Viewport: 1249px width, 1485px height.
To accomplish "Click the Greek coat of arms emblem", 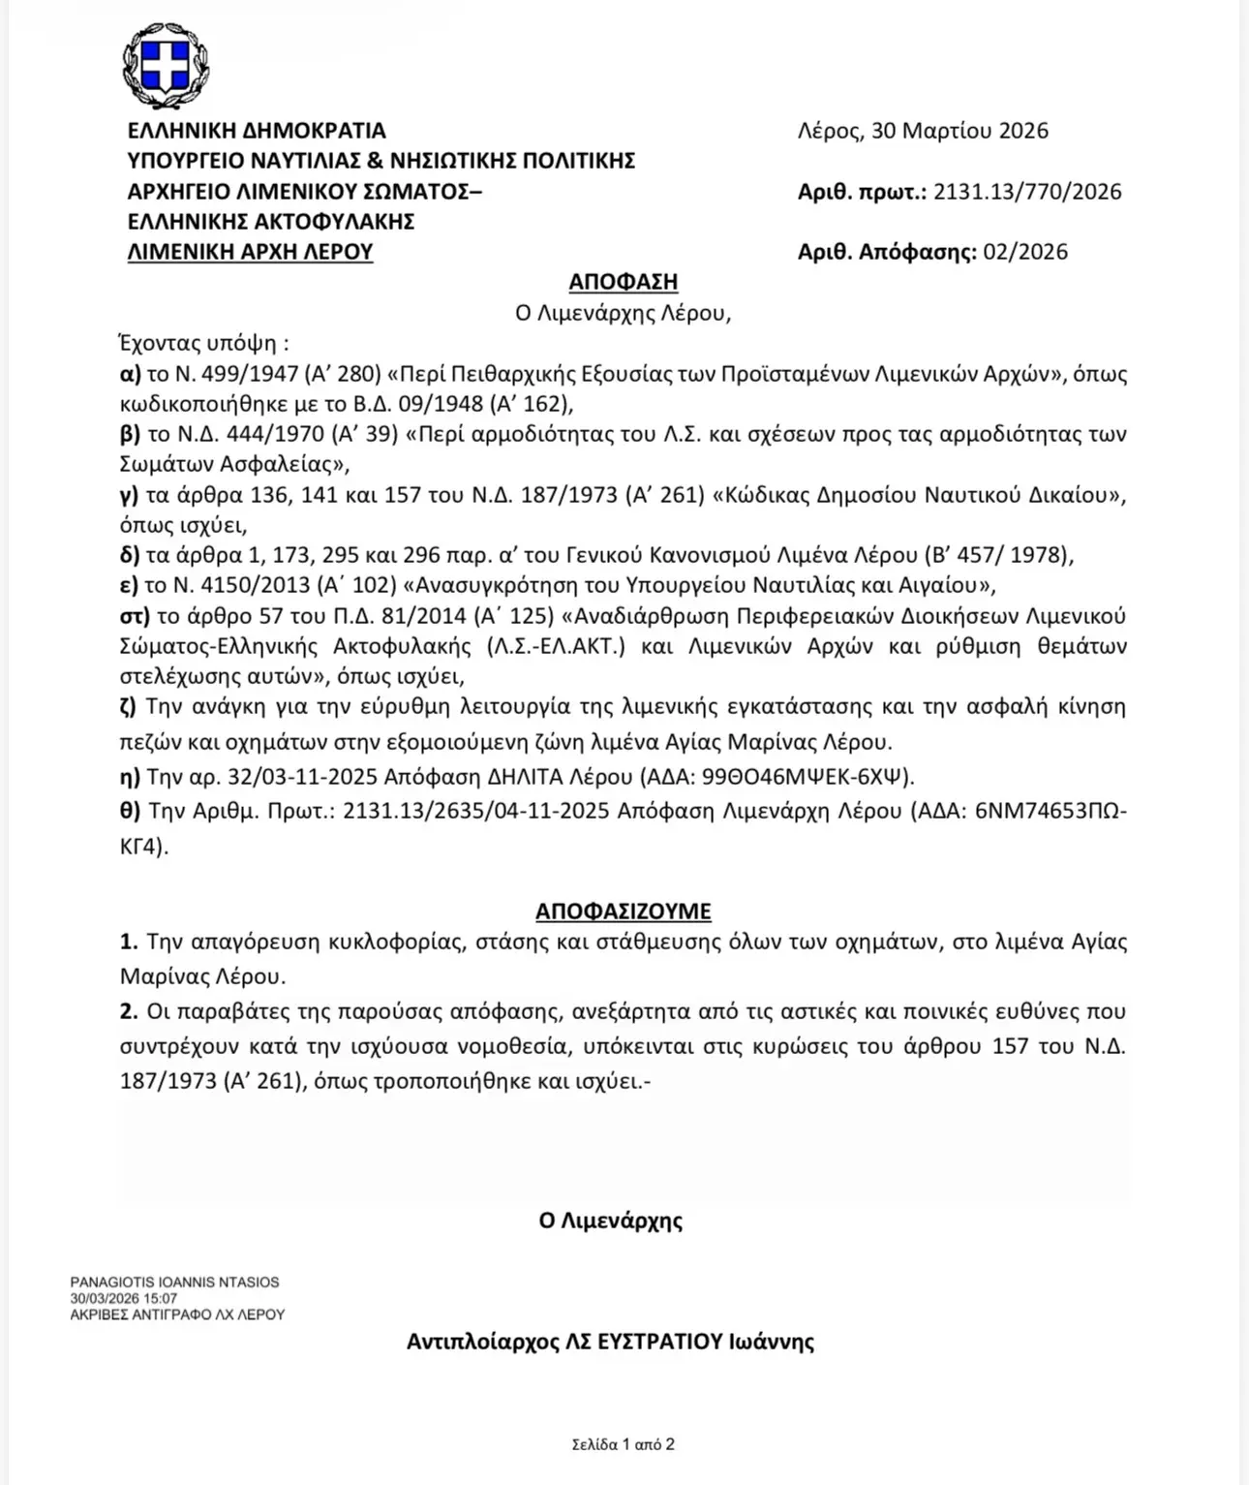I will click(x=165, y=66).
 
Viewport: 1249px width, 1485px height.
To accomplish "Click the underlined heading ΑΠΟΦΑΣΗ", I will click(x=623, y=282).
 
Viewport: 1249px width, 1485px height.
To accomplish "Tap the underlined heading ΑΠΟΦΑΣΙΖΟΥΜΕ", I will click(x=623, y=912).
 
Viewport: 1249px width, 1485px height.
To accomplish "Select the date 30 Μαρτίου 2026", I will click(x=960, y=131).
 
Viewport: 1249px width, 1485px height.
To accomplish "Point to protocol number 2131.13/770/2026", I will click(x=1027, y=192).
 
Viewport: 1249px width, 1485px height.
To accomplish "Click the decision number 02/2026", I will click(x=1025, y=252).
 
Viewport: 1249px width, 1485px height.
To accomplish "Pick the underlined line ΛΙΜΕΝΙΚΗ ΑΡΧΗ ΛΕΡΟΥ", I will click(x=250, y=252).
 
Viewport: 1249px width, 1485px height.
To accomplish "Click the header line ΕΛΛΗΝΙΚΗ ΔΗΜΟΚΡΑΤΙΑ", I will click(x=257, y=131).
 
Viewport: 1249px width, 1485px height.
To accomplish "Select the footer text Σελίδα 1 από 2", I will click(x=623, y=1444).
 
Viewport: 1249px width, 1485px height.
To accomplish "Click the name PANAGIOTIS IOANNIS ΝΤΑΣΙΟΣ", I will click(x=174, y=1283).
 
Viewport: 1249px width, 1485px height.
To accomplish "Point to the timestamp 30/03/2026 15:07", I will click(x=123, y=1299).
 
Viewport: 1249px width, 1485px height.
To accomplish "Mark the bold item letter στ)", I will click(x=135, y=616).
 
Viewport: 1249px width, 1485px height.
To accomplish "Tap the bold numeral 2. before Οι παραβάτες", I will click(x=129, y=1011).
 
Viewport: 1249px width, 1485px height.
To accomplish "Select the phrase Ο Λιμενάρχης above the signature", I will click(x=610, y=1221).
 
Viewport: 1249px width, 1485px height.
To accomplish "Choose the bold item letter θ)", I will click(x=131, y=810).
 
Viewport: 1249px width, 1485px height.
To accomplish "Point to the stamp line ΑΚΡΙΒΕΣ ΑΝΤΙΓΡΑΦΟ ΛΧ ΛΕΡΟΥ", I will click(x=177, y=1315).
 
